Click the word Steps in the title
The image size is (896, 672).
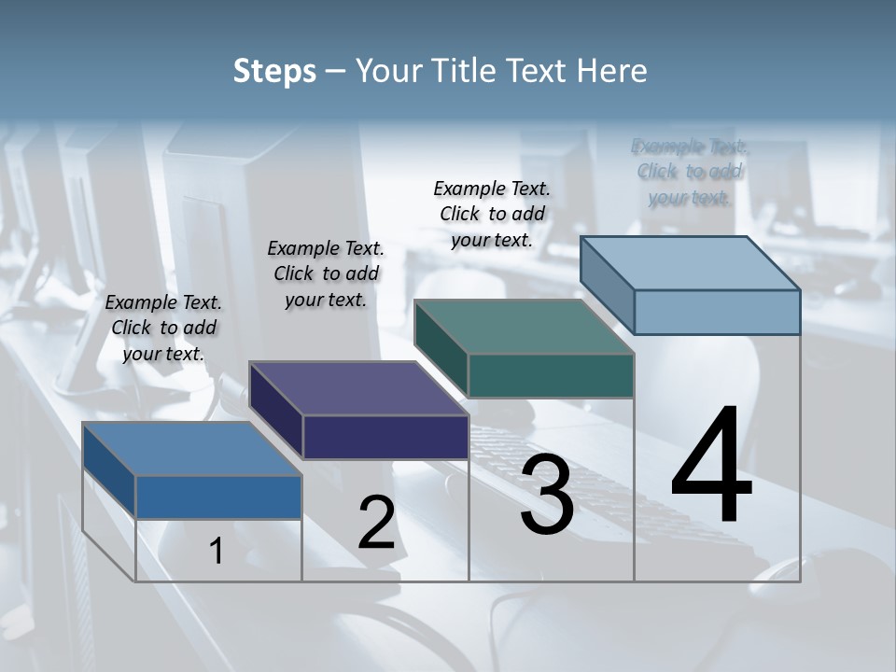coord(274,71)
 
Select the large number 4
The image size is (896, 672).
coord(712,467)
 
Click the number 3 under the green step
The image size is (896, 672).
coord(547,495)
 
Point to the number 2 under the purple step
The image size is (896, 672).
coord(376,523)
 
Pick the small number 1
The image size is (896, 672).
coord(217,551)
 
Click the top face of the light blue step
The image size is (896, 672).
coord(691,263)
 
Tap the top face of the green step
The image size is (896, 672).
coord(525,327)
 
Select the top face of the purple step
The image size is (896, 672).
coord(359,388)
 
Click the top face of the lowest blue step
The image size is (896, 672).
coord(192,449)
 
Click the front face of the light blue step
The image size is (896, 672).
coord(717,312)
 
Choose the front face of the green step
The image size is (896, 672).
coord(551,375)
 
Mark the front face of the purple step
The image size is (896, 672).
coord(385,437)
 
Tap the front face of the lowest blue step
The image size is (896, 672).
coord(218,497)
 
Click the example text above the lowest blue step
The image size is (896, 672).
coord(163,328)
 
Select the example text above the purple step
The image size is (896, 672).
coord(326,273)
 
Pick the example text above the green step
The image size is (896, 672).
coord(492,214)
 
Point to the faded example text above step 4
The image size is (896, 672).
coord(690,172)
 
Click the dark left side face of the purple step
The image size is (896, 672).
coord(276,411)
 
